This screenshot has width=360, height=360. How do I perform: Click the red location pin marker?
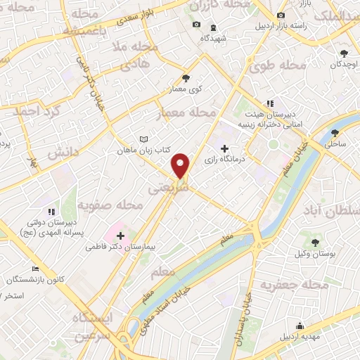coord(181,165)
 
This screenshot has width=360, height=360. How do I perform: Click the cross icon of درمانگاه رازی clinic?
coord(225,148)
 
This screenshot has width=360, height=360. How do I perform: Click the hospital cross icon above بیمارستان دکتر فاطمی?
coord(120,236)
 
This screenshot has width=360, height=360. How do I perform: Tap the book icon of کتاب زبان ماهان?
coord(144,140)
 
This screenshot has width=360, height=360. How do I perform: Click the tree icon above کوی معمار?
coord(186,79)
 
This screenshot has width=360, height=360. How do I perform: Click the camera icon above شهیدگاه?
coord(196,25)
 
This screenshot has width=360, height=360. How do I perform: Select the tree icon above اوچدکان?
coord(344,53)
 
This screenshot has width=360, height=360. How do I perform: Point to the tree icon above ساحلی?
coord(336,132)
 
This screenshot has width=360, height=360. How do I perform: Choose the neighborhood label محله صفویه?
coord(110,205)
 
